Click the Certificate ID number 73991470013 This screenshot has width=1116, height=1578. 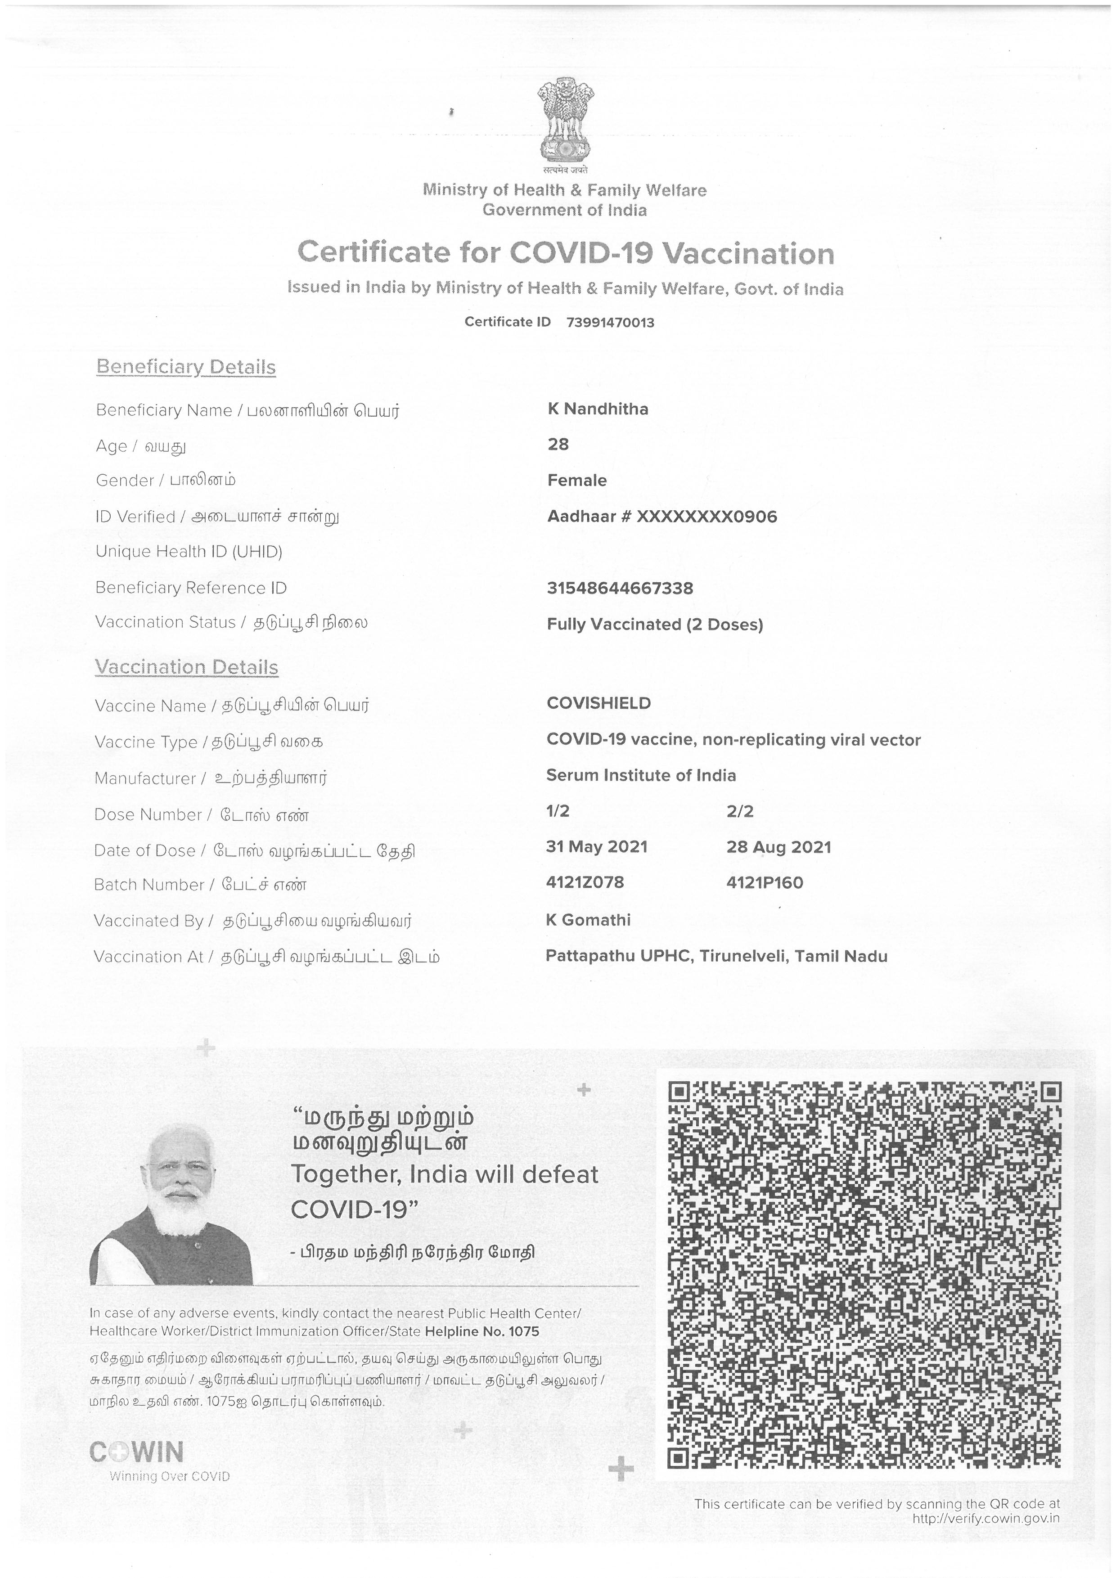610,322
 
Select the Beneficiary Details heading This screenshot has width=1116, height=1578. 185,367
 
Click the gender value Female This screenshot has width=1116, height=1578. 576,481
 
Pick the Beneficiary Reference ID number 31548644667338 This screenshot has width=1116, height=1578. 619,588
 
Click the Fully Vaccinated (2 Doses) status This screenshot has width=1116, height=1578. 654,624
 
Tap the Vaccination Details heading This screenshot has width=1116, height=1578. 186,667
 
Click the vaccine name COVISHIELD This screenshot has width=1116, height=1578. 598,703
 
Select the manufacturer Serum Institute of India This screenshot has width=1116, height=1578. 640,775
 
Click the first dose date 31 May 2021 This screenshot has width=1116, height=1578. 597,847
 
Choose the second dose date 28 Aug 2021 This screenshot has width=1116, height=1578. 778,847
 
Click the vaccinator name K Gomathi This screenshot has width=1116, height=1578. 588,920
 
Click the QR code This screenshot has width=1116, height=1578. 864,1276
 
